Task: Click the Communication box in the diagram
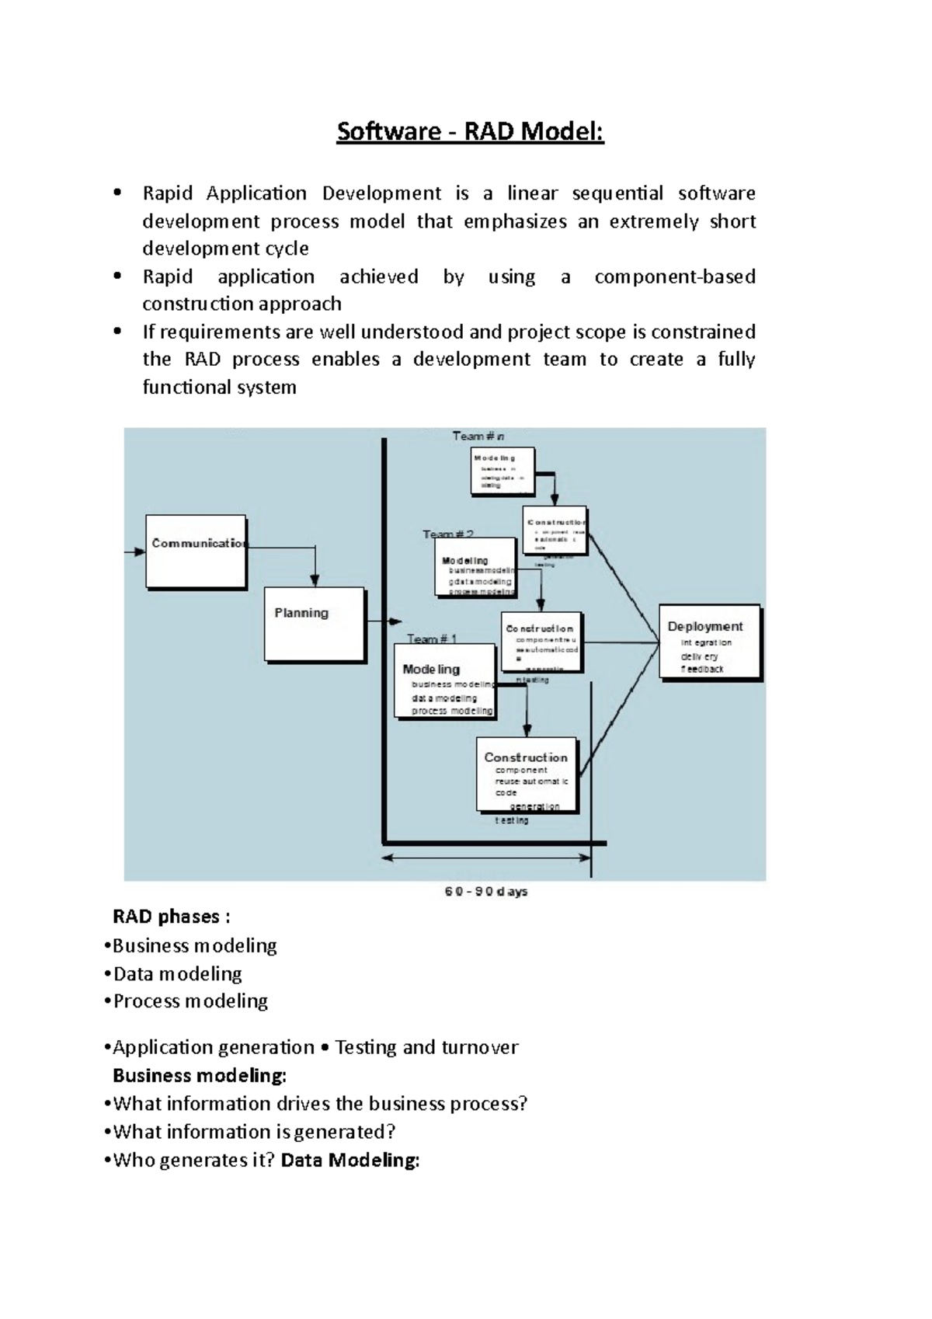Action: click(196, 551)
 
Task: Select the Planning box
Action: click(315, 624)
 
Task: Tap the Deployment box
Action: click(709, 642)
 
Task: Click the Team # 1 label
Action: click(432, 639)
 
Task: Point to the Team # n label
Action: click(478, 437)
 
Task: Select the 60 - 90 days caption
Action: click(486, 891)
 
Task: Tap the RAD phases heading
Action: click(171, 917)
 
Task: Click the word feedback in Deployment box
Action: click(703, 669)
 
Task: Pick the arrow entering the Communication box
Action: click(135, 552)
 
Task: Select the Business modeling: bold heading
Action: click(200, 1076)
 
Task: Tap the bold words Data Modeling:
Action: click(350, 1160)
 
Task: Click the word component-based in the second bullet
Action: click(674, 277)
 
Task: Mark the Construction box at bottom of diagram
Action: click(527, 774)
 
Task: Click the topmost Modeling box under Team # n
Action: click(503, 471)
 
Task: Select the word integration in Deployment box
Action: click(706, 642)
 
